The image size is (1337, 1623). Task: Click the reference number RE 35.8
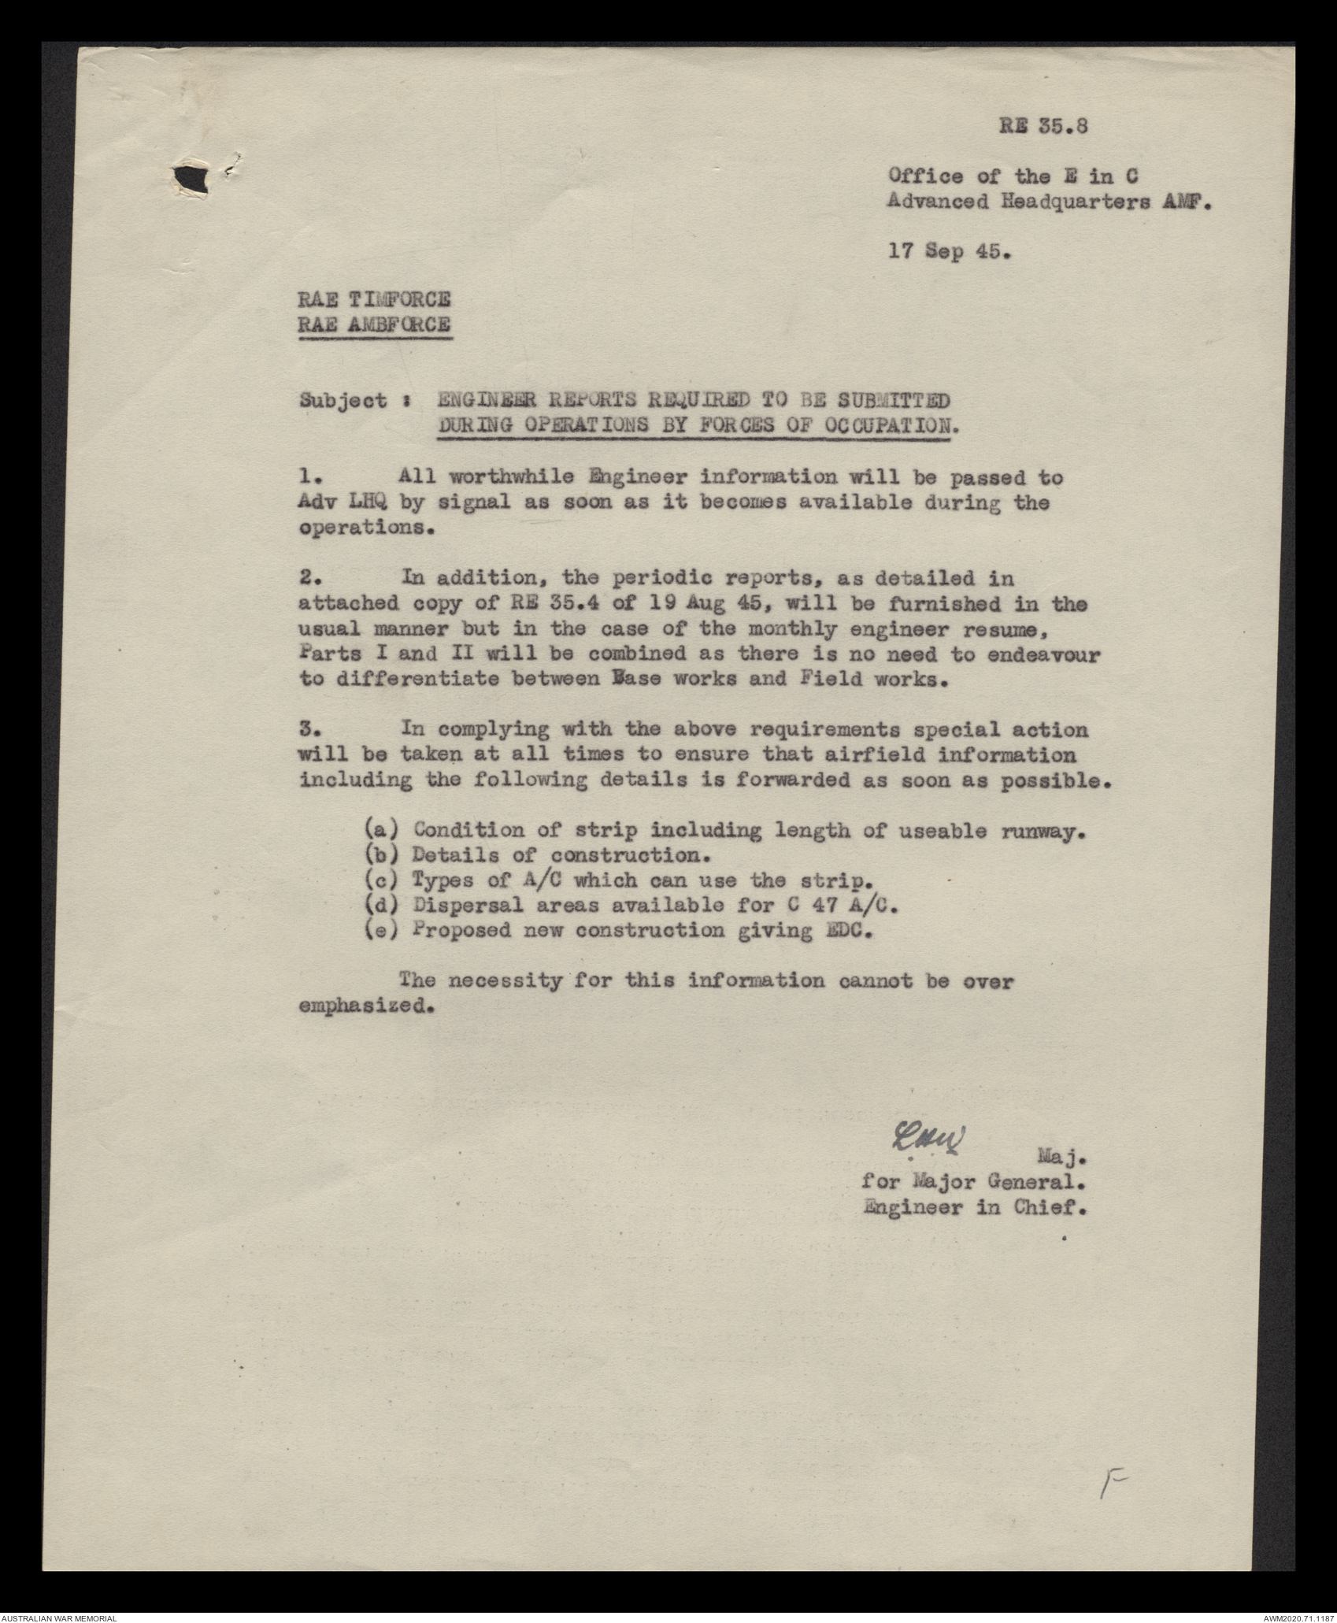point(1044,128)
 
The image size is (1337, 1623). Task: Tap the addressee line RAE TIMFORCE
point(374,300)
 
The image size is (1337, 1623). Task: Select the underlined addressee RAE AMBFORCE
point(374,325)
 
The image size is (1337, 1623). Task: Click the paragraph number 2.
point(308,578)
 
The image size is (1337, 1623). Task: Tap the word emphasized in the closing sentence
point(367,1008)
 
